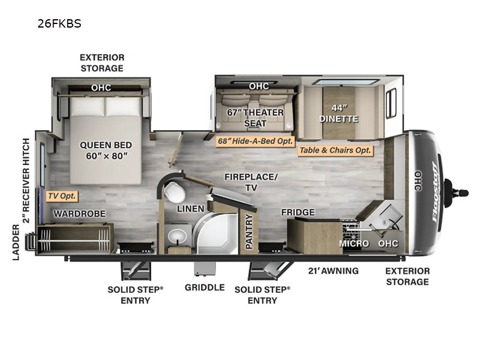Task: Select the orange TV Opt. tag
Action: pyautogui.click(x=62, y=196)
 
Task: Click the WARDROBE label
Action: pyautogui.click(x=79, y=214)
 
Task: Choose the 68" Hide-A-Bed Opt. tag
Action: pyautogui.click(x=254, y=141)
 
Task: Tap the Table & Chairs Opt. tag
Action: pyautogui.click(x=335, y=150)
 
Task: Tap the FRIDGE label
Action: pyautogui.click(x=298, y=212)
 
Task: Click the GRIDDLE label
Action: pyautogui.click(x=205, y=287)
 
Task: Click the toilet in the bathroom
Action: pyautogui.click(x=175, y=193)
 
